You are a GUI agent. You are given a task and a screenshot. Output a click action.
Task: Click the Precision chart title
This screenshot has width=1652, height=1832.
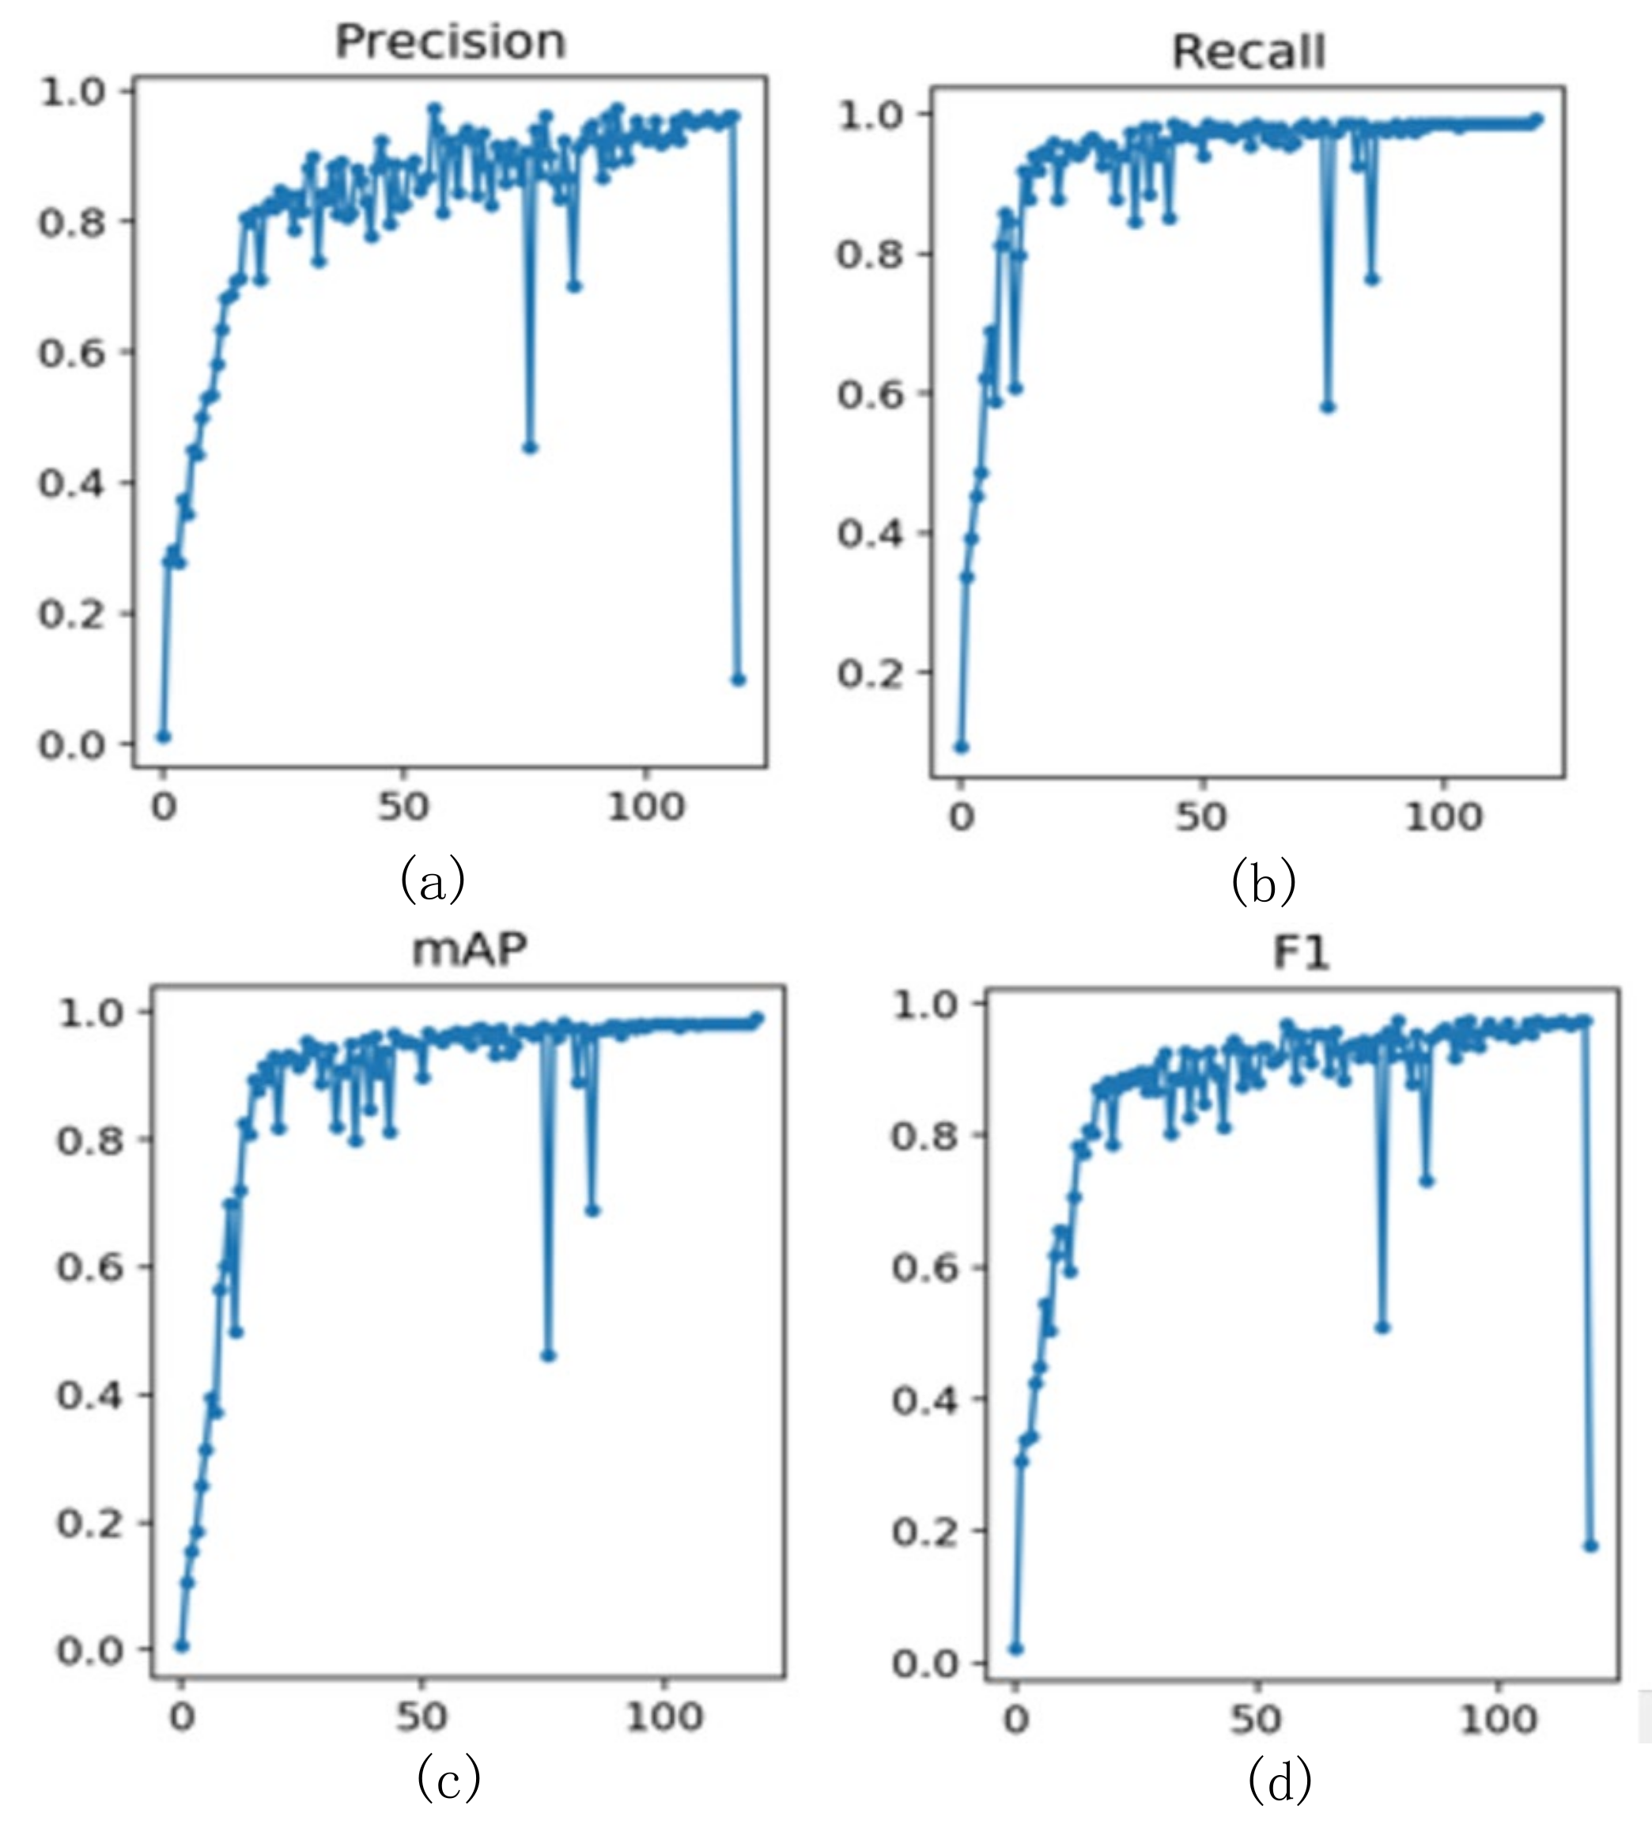[450, 42]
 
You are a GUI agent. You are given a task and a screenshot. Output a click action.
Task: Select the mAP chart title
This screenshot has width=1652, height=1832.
[468, 948]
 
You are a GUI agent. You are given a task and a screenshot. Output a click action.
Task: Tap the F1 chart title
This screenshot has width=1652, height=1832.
[1301, 952]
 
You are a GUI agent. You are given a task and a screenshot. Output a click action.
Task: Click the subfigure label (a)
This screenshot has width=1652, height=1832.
[433, 878]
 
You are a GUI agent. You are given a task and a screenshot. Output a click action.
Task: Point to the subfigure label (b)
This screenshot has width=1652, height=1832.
[1264, 880]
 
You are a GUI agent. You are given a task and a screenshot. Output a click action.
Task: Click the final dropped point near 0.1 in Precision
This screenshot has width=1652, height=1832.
[738, 680]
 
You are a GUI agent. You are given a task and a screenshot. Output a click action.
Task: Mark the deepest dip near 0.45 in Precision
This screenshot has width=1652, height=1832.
[530, 448]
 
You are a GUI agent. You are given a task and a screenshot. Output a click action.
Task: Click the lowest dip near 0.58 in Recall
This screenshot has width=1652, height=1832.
[1328, 407]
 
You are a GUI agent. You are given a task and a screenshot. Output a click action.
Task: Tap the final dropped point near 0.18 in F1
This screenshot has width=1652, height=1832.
[1590, 1545]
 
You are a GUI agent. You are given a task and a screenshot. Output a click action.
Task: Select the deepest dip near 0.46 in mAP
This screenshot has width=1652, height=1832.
[548, 1355]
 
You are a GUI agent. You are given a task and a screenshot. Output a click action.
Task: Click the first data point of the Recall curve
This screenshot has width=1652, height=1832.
[962, 748]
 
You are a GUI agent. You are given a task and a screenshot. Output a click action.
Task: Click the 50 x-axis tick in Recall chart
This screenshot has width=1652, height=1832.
[1201, 817]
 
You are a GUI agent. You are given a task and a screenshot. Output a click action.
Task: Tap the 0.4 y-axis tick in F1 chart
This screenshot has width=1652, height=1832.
[925, 1400]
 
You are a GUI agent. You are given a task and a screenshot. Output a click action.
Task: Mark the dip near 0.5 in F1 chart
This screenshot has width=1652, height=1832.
[1382, 1327]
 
